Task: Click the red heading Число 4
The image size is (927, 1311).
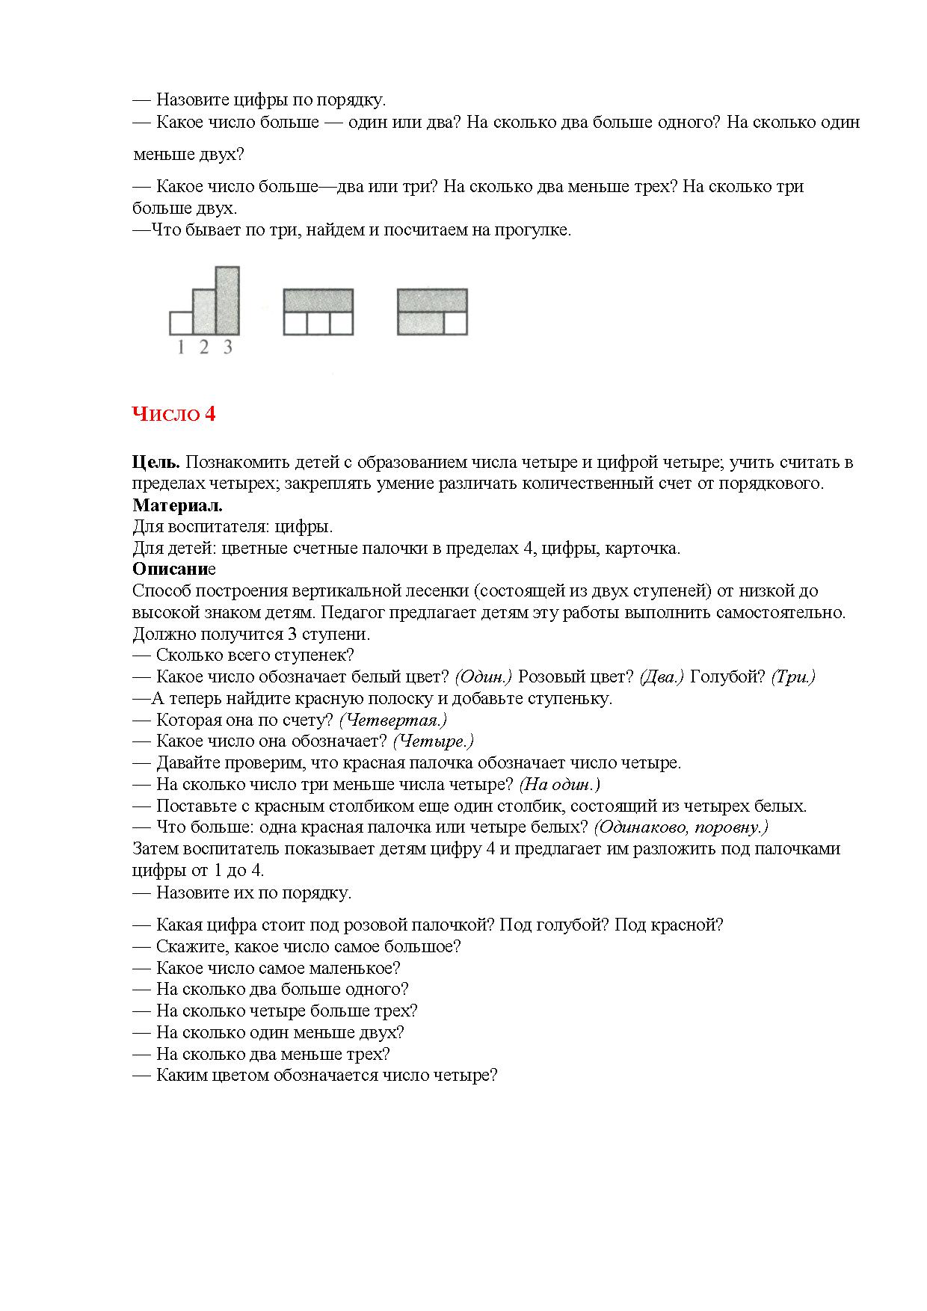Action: click(173, 414)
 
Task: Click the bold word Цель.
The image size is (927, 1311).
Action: click(156, 462)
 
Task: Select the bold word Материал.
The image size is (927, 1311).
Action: click(177, 505)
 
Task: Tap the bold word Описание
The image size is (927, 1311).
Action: click(173, 570)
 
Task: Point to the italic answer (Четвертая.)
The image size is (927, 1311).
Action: click(392, 721)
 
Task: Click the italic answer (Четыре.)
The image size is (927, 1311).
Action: click(434, 741)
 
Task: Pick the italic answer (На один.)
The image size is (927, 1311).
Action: click(560, 785)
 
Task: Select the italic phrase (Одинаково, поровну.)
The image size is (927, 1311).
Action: click(681, 827)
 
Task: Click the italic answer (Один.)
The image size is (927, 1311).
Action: click(483, 677)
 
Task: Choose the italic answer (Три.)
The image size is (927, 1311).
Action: click(793, 677)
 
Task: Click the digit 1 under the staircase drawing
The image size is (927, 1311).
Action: click(180, 348)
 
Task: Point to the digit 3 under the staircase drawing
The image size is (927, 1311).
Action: click(228, 348)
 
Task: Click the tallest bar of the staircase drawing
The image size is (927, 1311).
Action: click(227, 300)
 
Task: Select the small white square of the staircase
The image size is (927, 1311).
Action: click(181, 323)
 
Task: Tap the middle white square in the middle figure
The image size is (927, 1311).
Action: click(318, 324)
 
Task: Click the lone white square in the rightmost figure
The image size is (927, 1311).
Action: click(455, 324)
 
